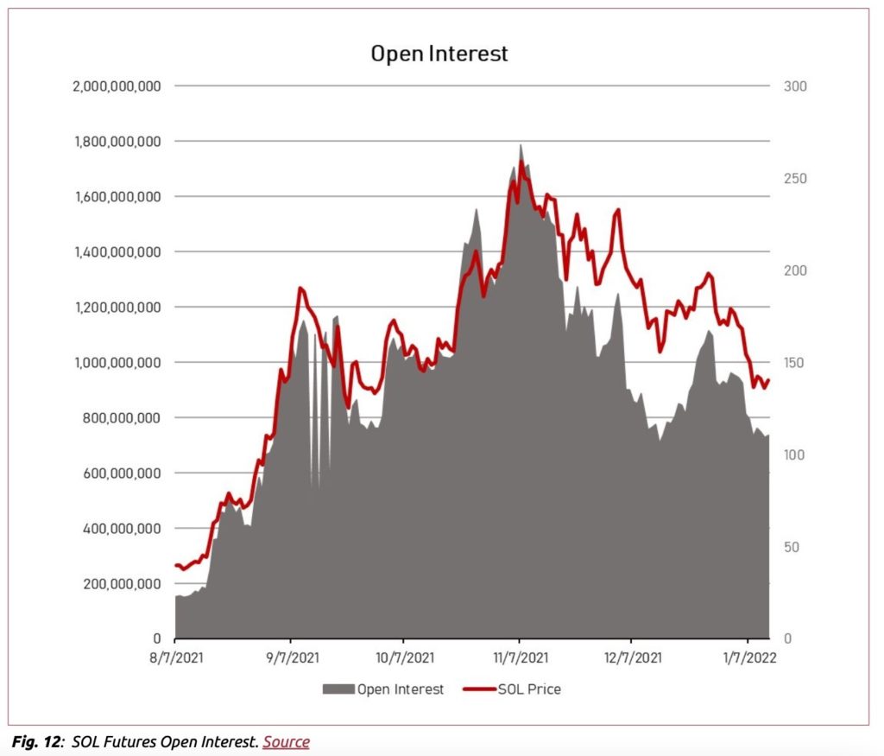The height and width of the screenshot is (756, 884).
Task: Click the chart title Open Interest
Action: coord(439,54)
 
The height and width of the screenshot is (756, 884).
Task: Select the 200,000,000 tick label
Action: coord(124,584)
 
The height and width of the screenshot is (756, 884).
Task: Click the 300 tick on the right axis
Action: coord(795,86)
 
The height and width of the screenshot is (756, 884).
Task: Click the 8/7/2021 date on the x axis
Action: coord(176,658)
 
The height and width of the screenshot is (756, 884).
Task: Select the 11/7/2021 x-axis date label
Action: coord(518,658)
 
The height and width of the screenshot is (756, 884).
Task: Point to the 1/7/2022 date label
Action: coord(748,658)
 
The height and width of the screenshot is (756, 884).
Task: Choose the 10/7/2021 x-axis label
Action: coord(404,658)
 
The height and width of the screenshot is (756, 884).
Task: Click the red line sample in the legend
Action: coord(479,689)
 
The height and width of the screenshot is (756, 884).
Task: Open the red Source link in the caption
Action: coord(286,741)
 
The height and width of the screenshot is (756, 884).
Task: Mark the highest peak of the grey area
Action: coord(521,145)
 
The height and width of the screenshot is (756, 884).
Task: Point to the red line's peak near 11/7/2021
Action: coord(521,162)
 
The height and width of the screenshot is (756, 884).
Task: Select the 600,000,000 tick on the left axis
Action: coord(124,473)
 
